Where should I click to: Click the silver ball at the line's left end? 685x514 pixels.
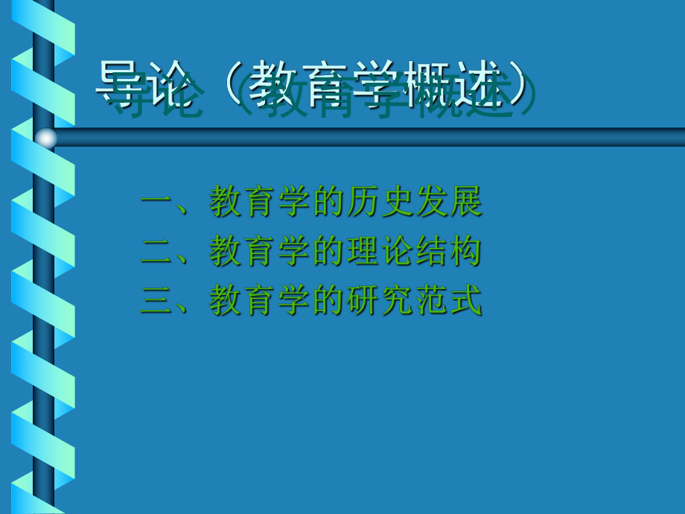(x=46, y=138)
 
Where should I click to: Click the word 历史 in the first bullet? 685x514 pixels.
(x=380, y=203)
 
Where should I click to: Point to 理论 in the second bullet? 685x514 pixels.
(x=380, y=253)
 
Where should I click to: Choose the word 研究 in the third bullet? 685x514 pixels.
(x=380, y=302)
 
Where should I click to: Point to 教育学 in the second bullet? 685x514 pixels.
(x=261, y=253)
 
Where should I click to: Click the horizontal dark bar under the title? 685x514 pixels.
(x=372, y=137)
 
